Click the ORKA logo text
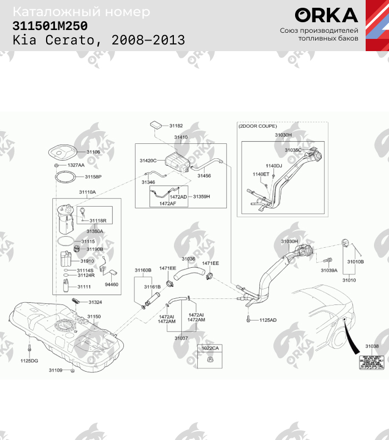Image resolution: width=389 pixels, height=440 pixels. [x=326, y=15]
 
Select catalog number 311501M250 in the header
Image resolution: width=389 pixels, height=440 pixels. [x=50, y=26]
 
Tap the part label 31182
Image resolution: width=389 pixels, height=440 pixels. [x=176, y=126]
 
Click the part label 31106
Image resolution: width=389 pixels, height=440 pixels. [x=93, y=152]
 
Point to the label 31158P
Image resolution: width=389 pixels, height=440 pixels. [x=93, y=177]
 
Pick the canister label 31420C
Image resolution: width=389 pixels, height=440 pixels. [x=148, y=160]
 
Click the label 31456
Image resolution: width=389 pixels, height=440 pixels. [x=204, y=176]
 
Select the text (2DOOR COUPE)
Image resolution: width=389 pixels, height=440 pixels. [x=258, y=126]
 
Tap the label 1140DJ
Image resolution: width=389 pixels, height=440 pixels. [x=273, y=166]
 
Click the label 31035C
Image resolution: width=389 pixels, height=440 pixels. [x=293, y=150]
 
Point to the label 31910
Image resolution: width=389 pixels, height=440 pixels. [x=87, y=261]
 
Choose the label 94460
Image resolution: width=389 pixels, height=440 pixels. [x=112, y=284]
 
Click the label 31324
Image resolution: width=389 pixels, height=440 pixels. [x=95, y=302]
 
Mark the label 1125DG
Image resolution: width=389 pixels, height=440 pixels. [x=29, y=361]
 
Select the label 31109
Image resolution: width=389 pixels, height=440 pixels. [x=56, y=370]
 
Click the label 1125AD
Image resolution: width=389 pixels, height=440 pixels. [x=268, y=320]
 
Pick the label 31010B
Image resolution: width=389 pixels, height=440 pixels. [x=355, y=261]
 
